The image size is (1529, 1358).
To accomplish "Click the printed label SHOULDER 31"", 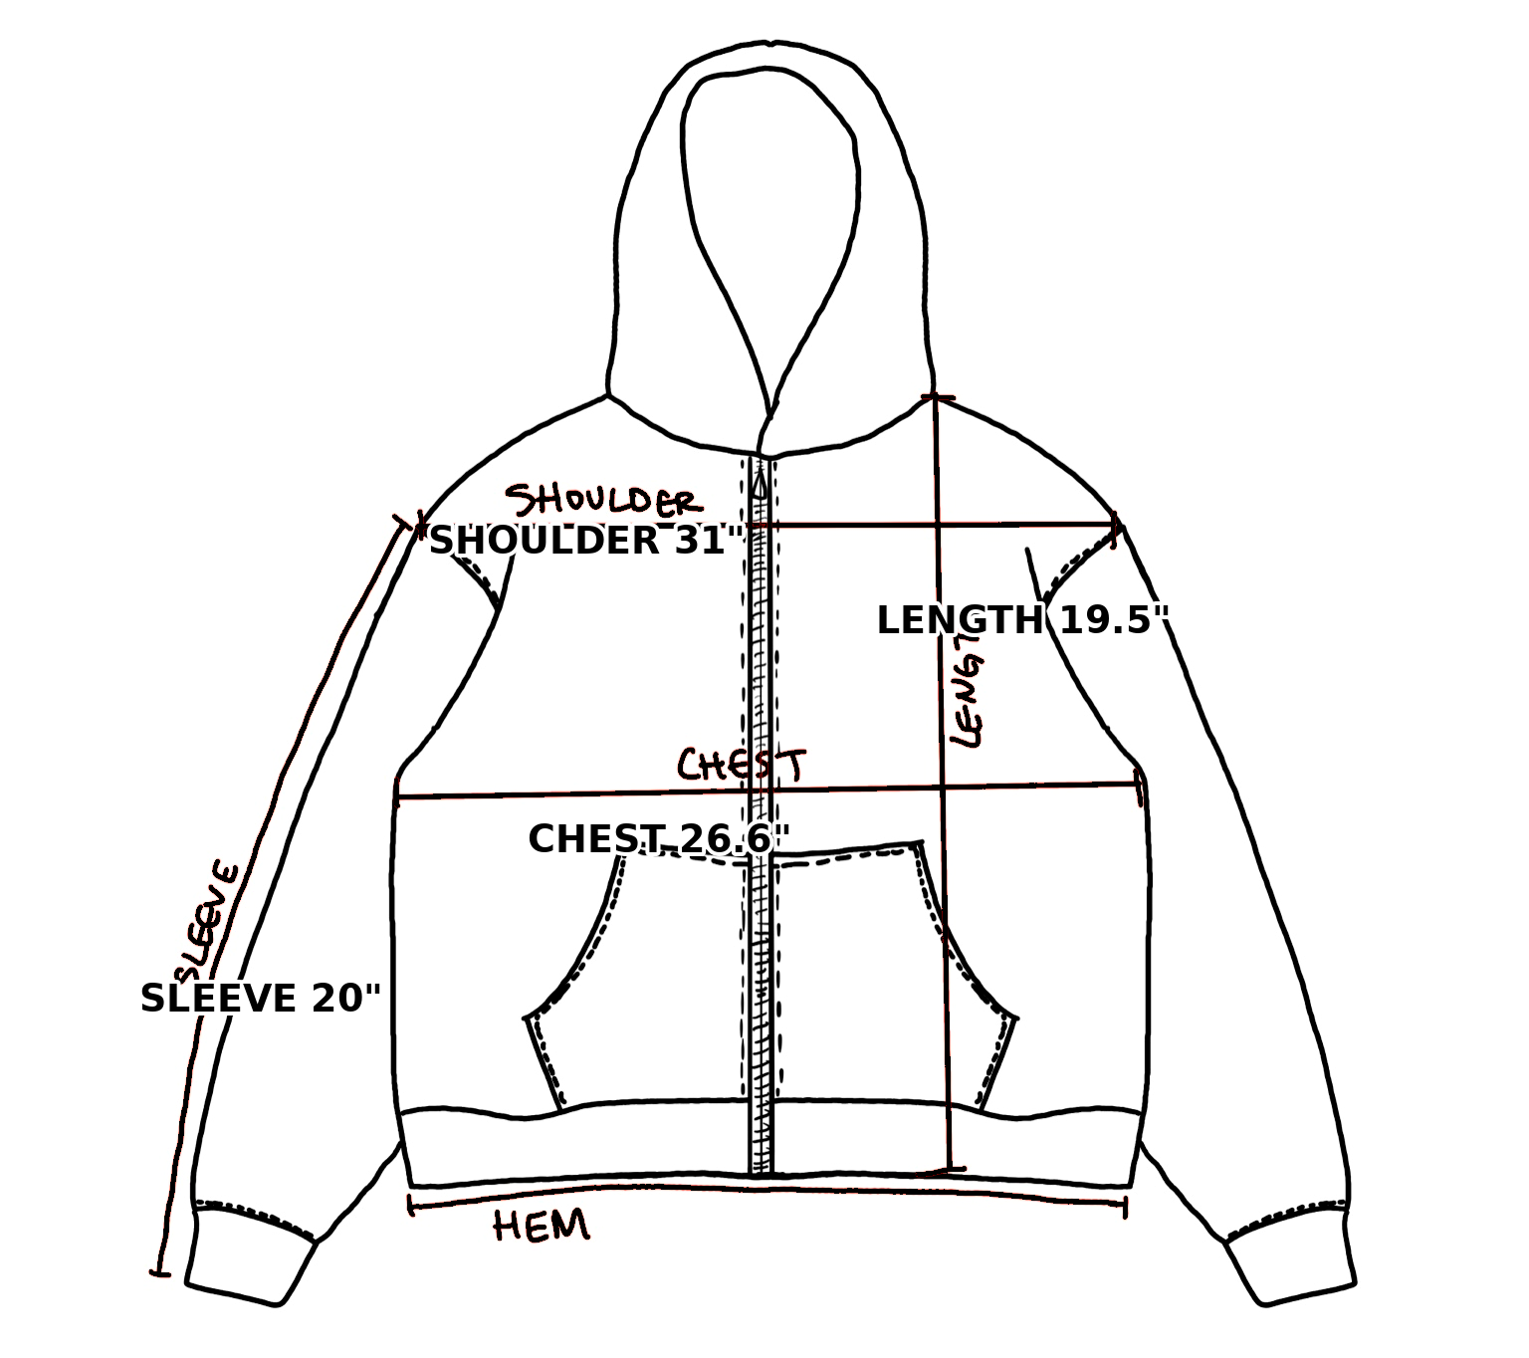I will [x=585, y=541].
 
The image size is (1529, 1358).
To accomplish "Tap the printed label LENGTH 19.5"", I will [x=1021, y=620].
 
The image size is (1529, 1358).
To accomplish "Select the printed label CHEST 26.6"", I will [x=658, y=839].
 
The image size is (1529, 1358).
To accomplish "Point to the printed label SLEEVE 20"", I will [x=261, y=999].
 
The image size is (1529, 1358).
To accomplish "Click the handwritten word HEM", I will [x=542, y=1226].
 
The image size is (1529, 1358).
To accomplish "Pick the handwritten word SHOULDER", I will [x=601, y=501].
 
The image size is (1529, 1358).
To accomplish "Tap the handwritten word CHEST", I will [x=741, y=765].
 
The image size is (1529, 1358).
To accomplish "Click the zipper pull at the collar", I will [x=762, y=485].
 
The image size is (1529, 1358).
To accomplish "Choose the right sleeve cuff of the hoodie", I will [x=1292, y=1262].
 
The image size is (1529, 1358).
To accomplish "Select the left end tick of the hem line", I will [x=409, y=1206].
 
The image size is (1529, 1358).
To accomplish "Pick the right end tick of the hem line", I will [x=1125, y=1208].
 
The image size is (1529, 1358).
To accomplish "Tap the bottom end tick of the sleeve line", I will [x=159, y=1271].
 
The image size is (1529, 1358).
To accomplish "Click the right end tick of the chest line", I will [x=1140, y=787].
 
